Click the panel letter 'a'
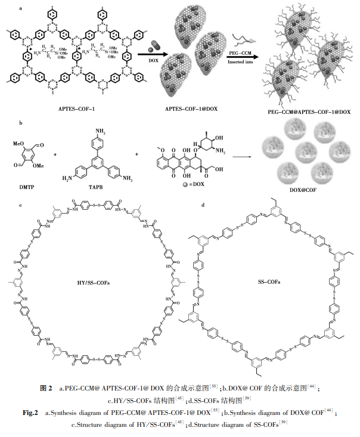(21, 8)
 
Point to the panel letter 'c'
(21, 204)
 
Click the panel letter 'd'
(204, 204)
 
